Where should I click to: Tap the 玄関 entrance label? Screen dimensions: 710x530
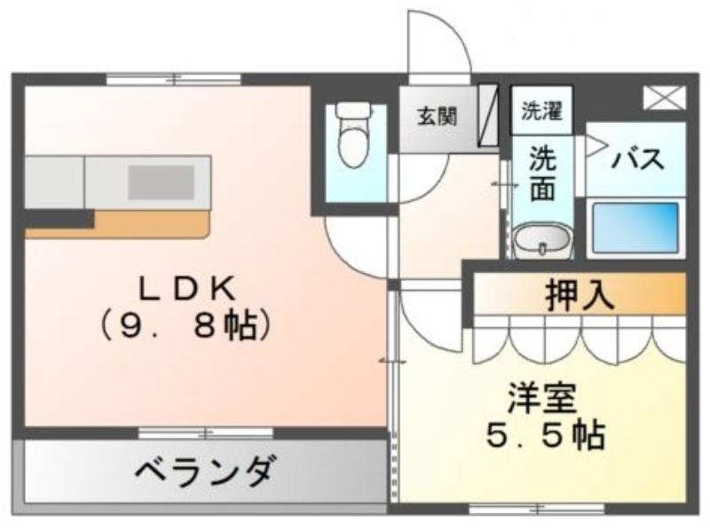[x=437, y=117]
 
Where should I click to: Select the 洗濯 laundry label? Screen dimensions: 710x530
[x=542, y=110]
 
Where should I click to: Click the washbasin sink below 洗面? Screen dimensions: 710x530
[x=542, y=239]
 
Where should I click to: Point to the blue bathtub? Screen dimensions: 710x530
[x=635, y=228]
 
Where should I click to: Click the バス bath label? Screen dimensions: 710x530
[x=638, y=159]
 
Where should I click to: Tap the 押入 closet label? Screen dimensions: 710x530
[x=580, y=295]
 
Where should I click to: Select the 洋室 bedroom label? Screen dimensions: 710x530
[x=542, y=398]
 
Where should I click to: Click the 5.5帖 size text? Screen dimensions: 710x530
[x=546, y=435]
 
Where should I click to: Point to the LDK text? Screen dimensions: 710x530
[x=187, y=289]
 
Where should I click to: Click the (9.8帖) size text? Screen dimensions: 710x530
[x=186, y=326]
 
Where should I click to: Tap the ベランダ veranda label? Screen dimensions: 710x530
[x=205, y=471]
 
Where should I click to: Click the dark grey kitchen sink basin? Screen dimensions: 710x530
[x=162, y=183]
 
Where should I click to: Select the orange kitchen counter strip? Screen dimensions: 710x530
[x=118, y=224]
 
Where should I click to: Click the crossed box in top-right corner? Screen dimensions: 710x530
[x=665, y=97]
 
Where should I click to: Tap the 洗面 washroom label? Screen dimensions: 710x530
[x=542, y=174]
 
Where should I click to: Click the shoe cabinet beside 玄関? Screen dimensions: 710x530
[x=489, y=114]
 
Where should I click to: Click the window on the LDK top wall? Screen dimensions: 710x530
[x=174, y=79]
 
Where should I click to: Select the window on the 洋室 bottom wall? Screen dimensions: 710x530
[x=537, y=509]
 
